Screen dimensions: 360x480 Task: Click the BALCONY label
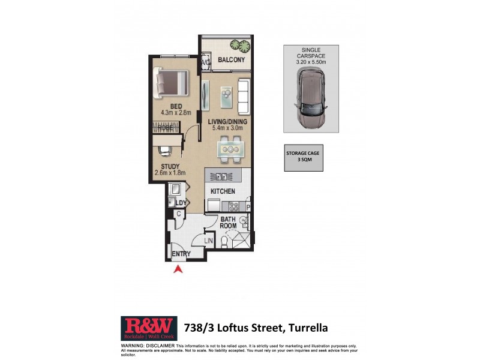click(231, 61)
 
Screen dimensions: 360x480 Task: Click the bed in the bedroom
click(172, 83)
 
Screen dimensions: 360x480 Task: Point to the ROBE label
click(166, 127)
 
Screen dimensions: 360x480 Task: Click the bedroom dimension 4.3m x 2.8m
click(175, 112)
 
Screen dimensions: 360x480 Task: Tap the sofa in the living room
click(244, 93)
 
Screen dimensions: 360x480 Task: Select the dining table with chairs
click(230, 149)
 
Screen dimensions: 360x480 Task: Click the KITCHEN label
click(222, 191)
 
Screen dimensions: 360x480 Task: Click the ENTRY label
click(181, 254)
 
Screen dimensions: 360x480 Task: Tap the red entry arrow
click(178, 270)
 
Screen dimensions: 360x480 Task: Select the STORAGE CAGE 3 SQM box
click(303, 158)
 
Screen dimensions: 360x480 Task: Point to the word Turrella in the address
click(308, 328)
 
